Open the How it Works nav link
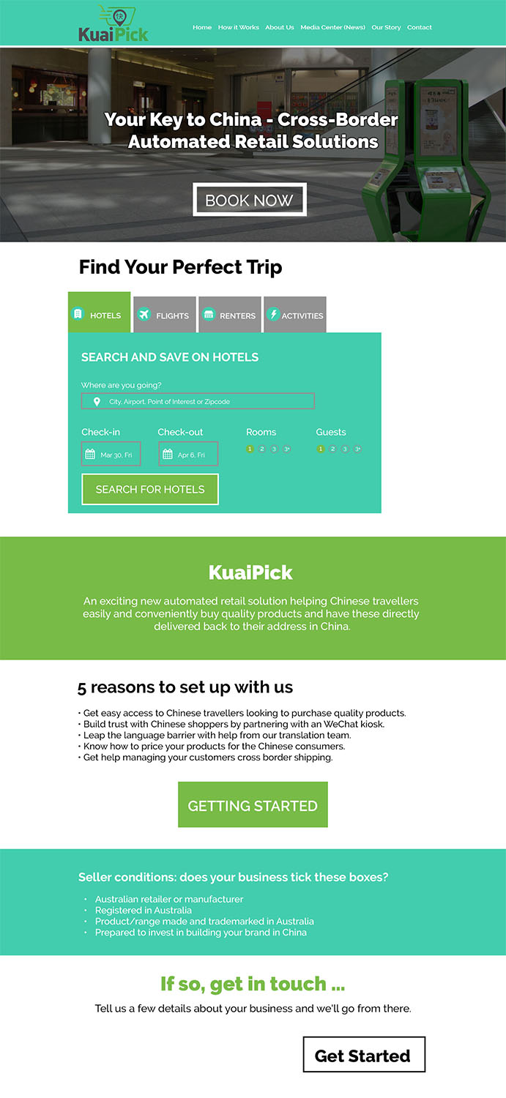239,28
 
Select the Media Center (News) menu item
332,28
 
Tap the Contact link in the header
420,28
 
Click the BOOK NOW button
249,200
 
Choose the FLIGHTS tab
165,315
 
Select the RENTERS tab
229,315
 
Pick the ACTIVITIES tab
294,315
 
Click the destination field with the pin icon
198,401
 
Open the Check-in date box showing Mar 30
111,455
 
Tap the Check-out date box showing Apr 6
188,455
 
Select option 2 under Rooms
261,449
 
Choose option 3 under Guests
345,449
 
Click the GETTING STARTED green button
253,805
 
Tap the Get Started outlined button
363,1055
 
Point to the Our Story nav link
386,28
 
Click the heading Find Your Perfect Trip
180,267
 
